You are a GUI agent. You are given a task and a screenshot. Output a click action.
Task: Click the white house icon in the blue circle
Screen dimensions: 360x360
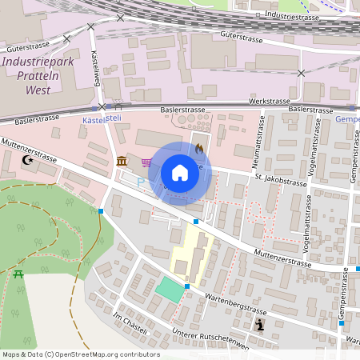(x=180, y=173)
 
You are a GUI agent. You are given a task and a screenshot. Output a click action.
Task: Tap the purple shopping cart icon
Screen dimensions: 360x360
(x=146, y=162)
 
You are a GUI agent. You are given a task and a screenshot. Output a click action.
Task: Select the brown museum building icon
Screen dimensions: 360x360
(x=121, y=162)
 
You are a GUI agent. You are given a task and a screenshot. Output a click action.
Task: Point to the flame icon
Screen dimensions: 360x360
(x=198, y=148)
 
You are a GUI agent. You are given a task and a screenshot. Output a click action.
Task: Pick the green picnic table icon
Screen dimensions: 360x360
(x=18, y=274)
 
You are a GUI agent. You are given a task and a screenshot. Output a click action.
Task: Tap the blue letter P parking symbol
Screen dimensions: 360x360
(x=141, y=182)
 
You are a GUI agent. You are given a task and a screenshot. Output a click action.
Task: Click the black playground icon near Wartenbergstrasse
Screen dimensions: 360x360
(x=260, y=324)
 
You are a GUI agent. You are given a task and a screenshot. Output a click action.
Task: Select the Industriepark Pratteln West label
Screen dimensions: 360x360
(x=38, y=75)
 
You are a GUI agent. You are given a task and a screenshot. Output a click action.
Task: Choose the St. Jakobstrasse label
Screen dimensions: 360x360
(x=282, y=182)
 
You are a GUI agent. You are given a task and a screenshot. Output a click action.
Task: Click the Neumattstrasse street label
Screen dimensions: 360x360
(x=260, y=140)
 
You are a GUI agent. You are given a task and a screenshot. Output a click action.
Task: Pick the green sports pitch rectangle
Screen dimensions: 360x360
(x=170, y=289)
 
